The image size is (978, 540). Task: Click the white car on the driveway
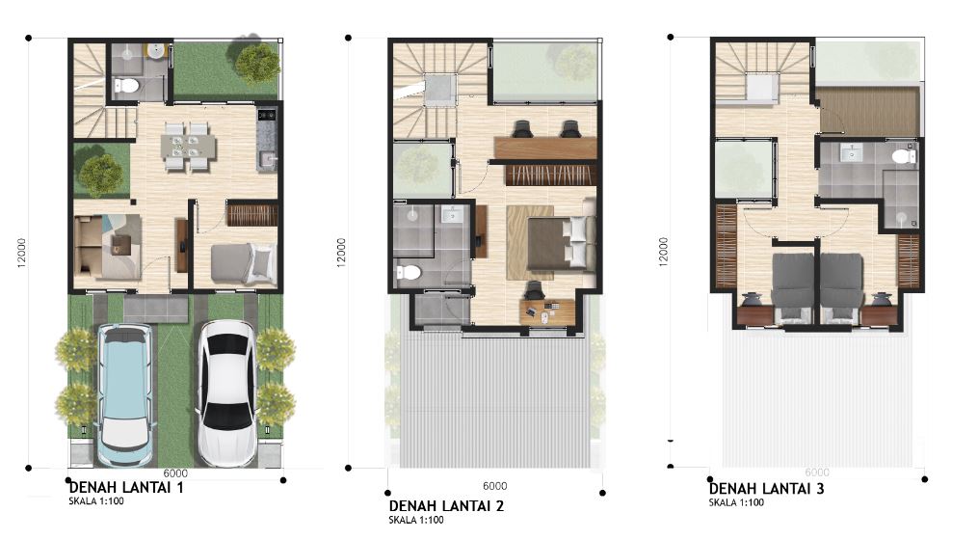tap(227, 393)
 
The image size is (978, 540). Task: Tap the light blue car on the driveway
tap(125, 395)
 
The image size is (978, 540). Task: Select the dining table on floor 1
tap(188, 147)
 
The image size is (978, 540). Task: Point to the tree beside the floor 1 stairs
tap(101, 175)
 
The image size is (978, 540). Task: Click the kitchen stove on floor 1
tap(267, 114)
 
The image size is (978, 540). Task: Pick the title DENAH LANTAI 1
tap(126, 487)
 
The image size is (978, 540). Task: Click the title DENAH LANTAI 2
tap(446, 505)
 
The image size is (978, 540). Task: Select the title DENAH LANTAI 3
tap(766, 488)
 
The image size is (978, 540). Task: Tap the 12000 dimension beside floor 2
tap(341, 253)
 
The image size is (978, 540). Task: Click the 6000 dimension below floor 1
tap(176, 473)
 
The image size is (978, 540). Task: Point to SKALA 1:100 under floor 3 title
tap(736, 502)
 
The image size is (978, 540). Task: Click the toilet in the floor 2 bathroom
tap(409, 273)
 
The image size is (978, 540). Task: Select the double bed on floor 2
tap(561, 243)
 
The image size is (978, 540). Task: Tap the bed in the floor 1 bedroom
tap(243, 263)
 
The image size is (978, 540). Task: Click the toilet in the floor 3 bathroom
tap(903, 155)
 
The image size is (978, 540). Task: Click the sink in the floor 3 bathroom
tap(851, 151)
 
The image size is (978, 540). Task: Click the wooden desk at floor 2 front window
tap(547, 311)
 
